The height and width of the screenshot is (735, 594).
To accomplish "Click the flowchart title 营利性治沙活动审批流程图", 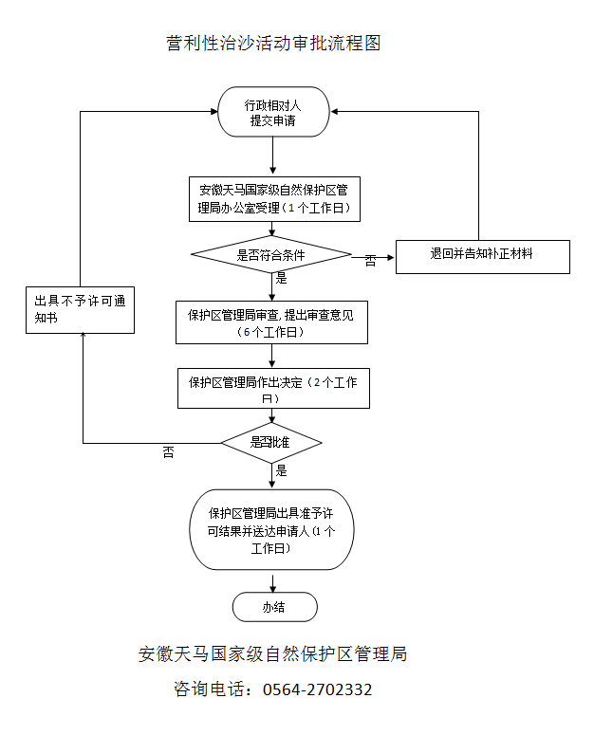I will (272, 44).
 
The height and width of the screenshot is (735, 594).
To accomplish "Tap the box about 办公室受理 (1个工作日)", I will (273, 198).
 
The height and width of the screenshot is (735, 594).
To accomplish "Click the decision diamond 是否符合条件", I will (271, 254).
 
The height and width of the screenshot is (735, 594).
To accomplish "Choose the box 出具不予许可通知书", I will (80, 309).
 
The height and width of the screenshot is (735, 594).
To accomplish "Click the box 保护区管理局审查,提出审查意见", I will (271, 322).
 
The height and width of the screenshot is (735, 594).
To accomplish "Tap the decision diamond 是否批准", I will (271, 442).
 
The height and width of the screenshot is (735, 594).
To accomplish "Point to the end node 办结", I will (274, 607).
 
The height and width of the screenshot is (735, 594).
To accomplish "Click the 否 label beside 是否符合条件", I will (370, 261).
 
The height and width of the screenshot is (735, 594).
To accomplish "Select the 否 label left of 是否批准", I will (168, 452).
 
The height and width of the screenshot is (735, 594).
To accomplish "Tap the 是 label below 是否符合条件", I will (281, 279).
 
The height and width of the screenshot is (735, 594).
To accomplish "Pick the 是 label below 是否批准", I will (281, 470).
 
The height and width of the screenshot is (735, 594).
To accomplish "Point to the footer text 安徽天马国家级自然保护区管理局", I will (272, 653).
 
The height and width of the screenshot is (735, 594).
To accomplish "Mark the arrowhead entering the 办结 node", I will (273, 589).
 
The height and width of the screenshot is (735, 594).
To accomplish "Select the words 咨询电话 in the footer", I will (206, 689).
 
